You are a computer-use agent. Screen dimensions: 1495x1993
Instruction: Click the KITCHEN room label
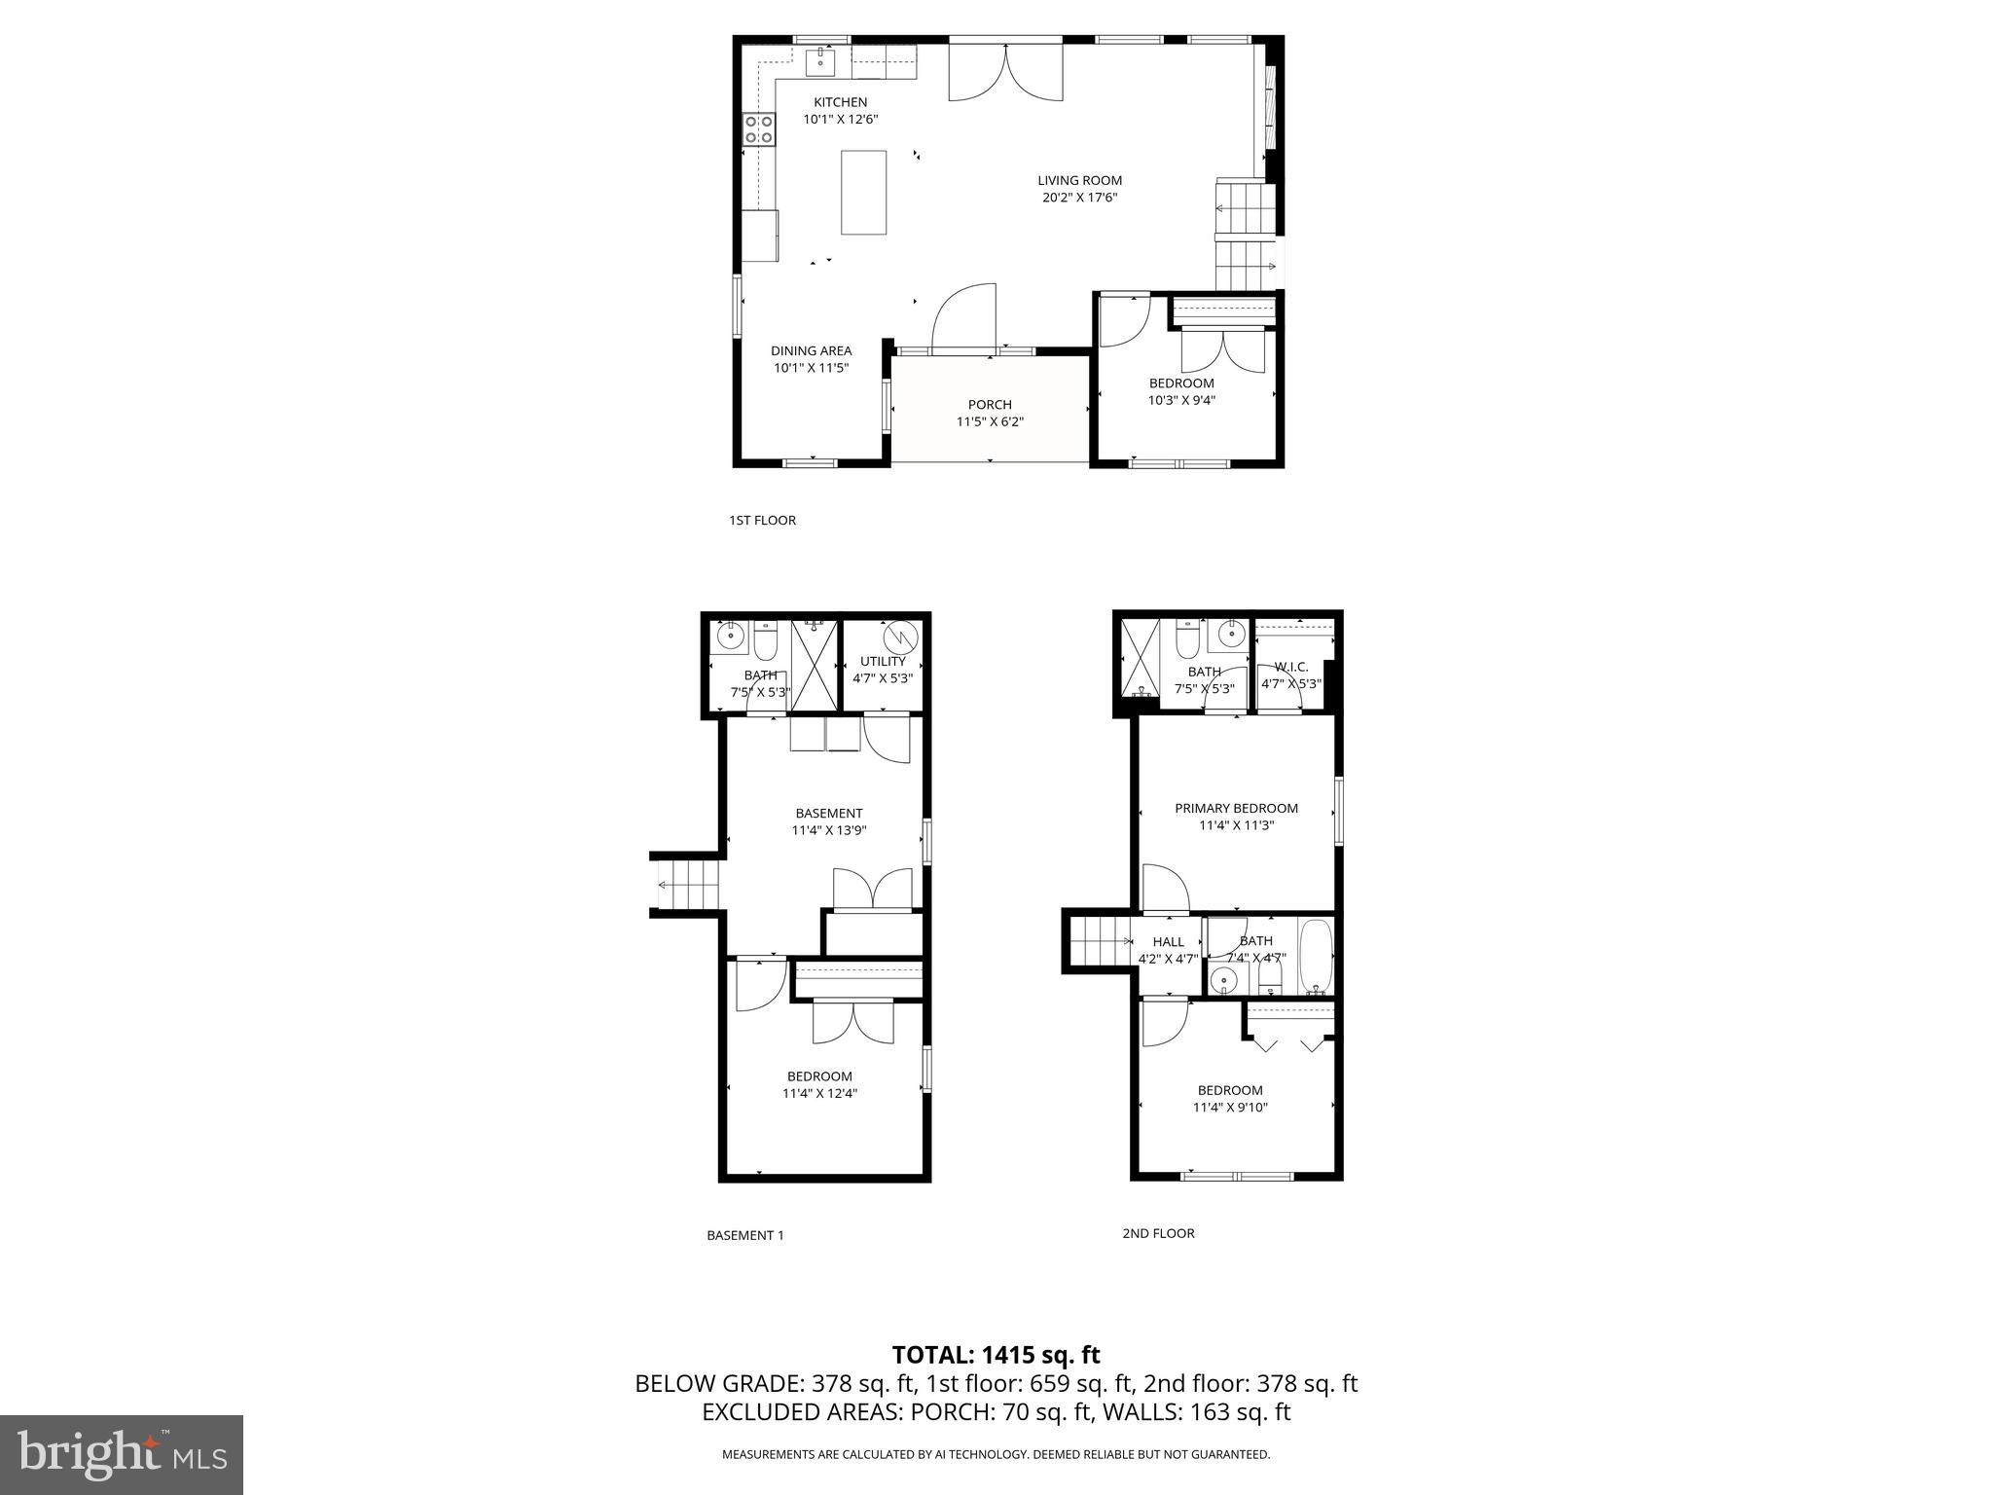click(840, 102)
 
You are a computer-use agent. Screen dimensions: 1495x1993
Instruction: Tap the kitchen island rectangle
click(863, 192)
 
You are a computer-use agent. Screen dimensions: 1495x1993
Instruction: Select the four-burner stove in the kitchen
click(759, 128)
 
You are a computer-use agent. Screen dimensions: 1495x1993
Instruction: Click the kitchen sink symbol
click(820, 60)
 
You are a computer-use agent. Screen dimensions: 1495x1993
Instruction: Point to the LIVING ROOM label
click(1079, 180)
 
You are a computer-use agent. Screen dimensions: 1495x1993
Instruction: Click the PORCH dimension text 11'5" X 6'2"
click(990, 421)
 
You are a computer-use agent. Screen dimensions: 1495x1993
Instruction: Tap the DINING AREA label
click(811, 350)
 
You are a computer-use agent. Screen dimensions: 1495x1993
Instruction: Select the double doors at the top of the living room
click(1005, 72)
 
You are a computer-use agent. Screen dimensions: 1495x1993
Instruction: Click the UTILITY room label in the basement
click(883, 661)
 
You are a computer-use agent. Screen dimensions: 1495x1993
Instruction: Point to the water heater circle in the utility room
click(900, 638)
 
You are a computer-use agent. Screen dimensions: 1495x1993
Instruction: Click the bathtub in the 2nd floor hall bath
click(1315, 956)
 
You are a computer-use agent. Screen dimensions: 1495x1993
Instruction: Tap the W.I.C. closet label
click(1290, 667)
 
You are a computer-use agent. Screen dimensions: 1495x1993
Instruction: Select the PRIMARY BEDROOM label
click(1236, 808)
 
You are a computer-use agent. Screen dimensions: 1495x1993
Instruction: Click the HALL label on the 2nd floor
click(1168, 941)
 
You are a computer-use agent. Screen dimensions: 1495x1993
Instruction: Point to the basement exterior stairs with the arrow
click(686, 885)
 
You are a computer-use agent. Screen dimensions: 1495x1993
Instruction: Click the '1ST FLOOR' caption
click(762, 520)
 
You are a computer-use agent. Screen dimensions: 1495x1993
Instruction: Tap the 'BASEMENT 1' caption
click(744, 1235)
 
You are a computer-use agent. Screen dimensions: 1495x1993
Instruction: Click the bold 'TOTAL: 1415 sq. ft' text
click(996, 1355)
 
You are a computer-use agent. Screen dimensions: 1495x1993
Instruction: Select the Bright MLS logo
click(122, 1455)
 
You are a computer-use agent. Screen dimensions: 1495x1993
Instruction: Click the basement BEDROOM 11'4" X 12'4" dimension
click(819, 1093)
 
